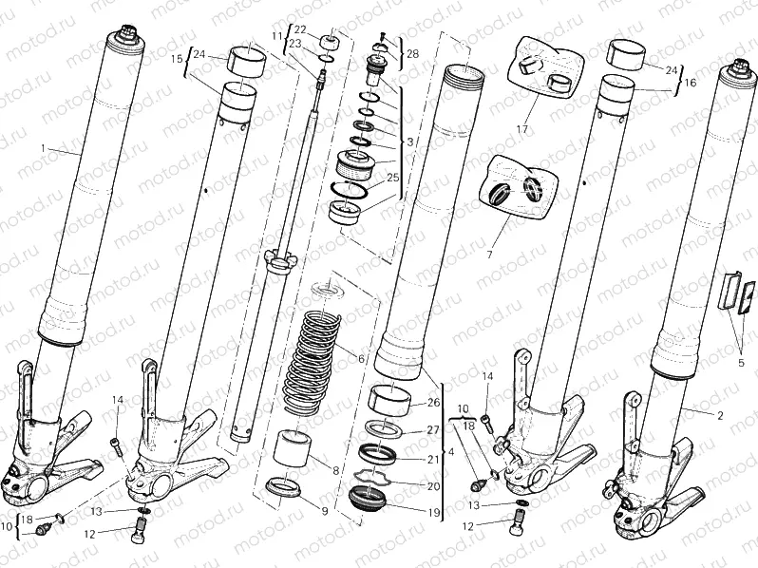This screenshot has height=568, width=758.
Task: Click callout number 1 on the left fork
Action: click(43, 148)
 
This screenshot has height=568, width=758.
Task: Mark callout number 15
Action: click(176, 59)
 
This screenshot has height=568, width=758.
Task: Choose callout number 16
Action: click(691, 83)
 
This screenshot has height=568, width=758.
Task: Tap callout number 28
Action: click(411, 55)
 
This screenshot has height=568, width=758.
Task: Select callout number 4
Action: click(451, 452)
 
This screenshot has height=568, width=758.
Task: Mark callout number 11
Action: click(277, 36)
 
